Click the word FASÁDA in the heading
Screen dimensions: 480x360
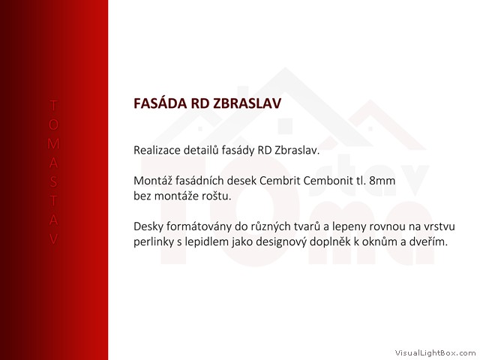pos(160,103)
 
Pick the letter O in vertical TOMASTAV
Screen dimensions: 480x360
pos(53,124)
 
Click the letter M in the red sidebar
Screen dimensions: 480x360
pos(53,143)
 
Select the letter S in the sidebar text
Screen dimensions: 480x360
pos(53,181)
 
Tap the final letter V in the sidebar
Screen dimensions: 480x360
pos(53,239)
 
